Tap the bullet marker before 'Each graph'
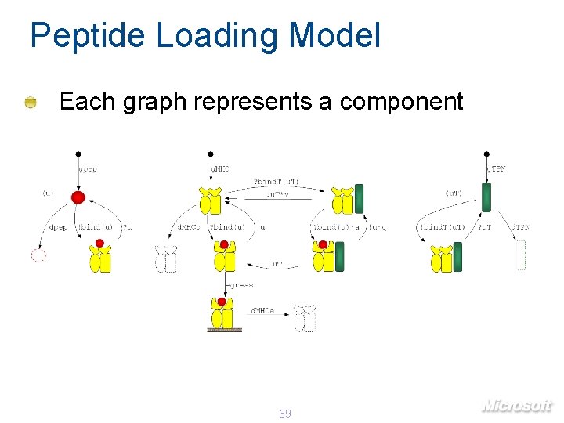[30, 103]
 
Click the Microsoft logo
[517, 404]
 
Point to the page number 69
[285, 413]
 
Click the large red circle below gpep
[78, 197]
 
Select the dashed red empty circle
[38, 255]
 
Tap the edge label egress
[239, 286]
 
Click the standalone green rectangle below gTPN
[486, 197]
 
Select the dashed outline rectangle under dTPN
[520, 256]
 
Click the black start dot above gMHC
[210, 154]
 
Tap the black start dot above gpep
[78, 154]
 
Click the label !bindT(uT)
[443, 228]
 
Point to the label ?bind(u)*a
[337, 228]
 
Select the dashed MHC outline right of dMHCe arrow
[304, 318]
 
